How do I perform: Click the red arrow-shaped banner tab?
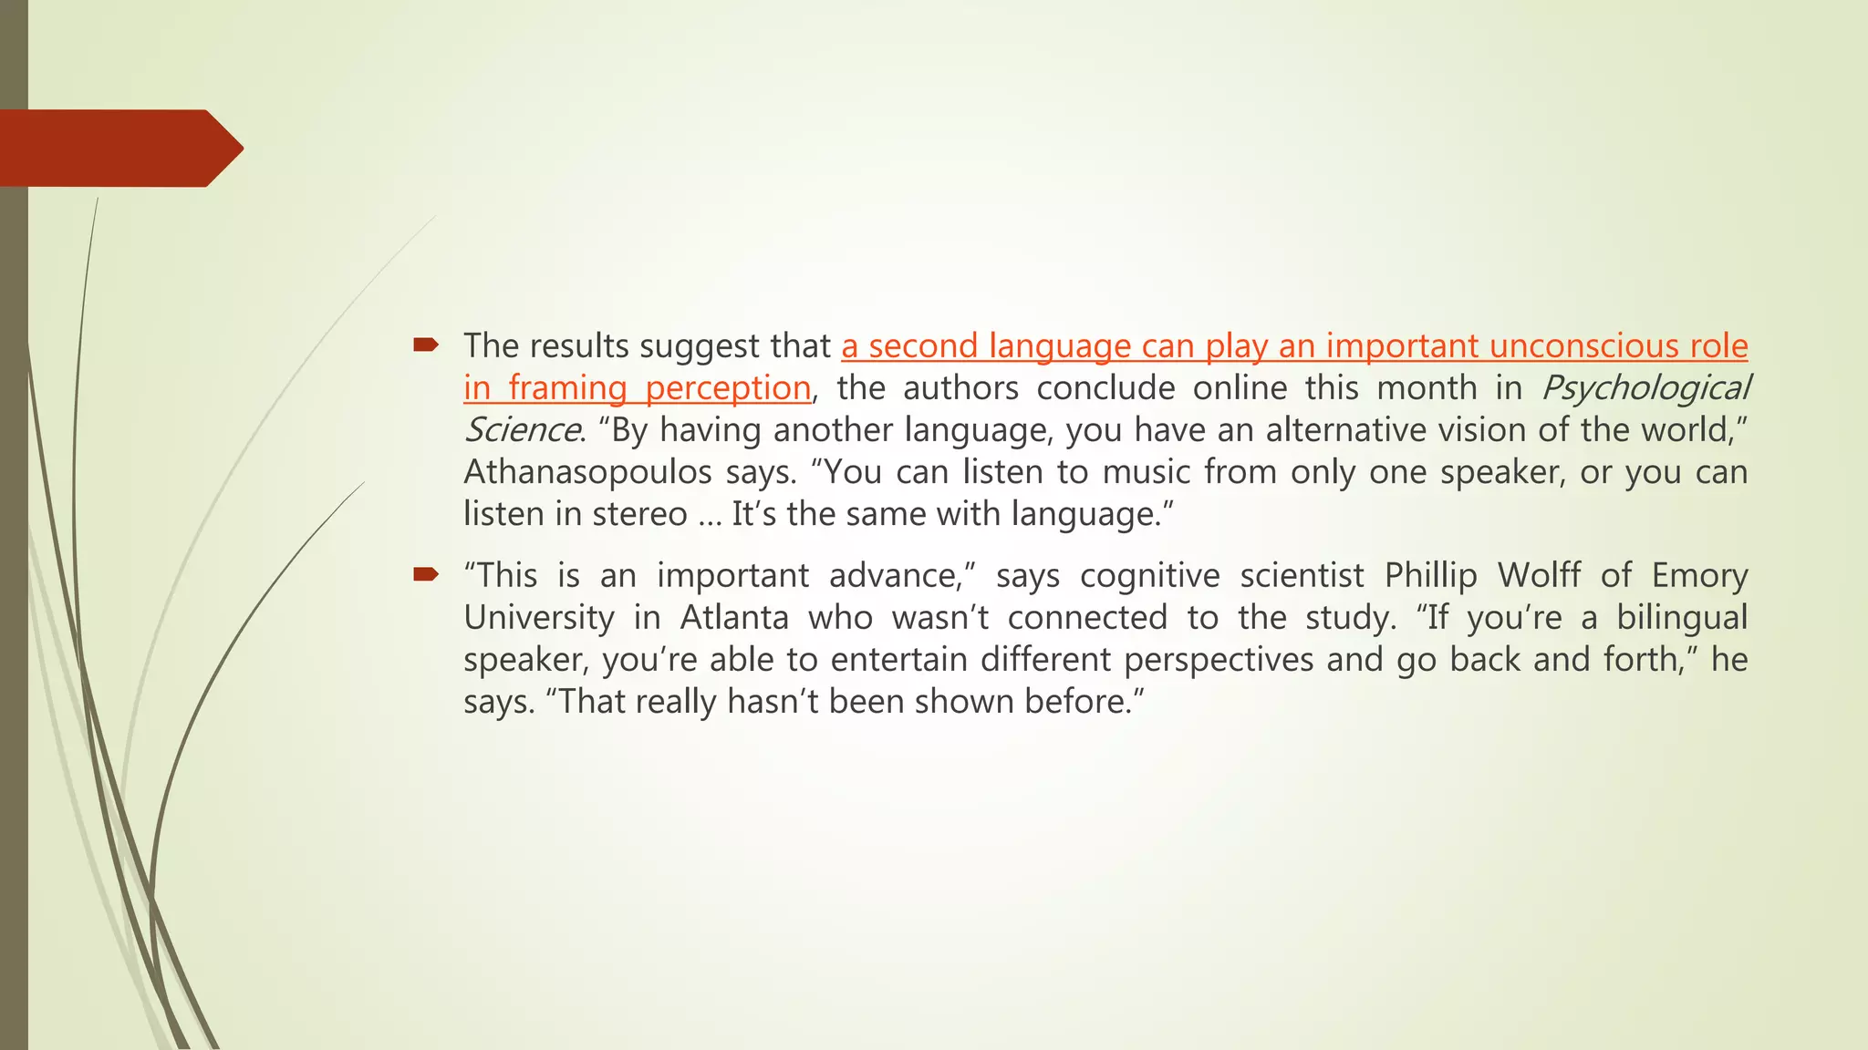(x=119, y=149)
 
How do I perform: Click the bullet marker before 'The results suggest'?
(x=425, y=345)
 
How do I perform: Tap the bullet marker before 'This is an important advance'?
(x=425, y=574)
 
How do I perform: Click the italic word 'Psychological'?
(x=1645, y=388)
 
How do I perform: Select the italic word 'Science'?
(x=521, y=430)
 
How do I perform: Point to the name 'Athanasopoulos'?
(x=587, y=472)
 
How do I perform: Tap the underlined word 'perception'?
(x=728, y=388)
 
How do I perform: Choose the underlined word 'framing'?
(x=567, y=388)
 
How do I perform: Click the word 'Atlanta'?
(x=734, y=618)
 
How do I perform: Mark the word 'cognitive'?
(x=1150, y=576)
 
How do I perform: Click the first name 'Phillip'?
(x=1430, y=576)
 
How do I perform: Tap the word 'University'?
(x=539, y=618)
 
